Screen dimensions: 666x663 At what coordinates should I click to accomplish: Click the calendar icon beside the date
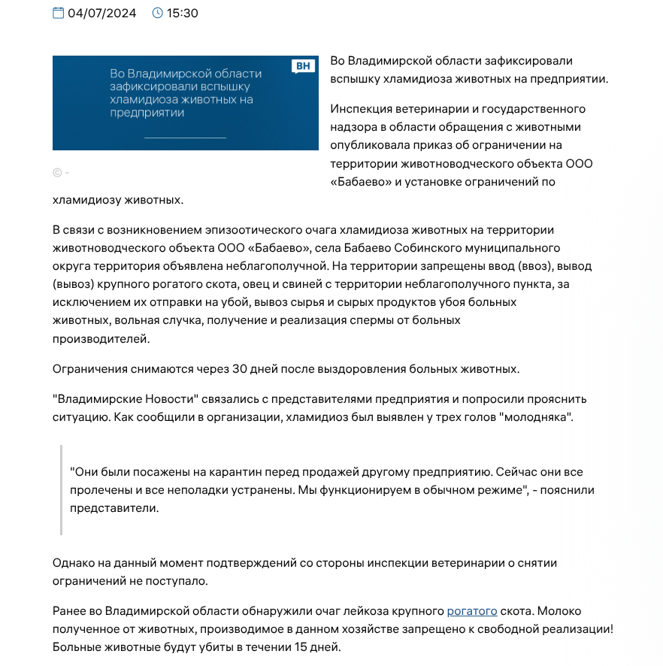click(59, 13)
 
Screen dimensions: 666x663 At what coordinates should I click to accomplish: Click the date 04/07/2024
click(102, 13)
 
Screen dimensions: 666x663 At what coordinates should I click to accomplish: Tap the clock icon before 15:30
click(157, 13)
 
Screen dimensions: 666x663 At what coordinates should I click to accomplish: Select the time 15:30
click(183, 13)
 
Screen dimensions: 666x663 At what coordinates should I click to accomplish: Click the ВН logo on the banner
click(302, 66)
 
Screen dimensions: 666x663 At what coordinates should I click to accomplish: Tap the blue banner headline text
click(185, 93)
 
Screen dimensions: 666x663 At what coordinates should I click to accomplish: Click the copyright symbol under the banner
click(57, 172)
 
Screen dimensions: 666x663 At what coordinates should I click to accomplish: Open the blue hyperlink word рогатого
click(472, 611)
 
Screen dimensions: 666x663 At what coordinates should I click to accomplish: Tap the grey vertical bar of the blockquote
click(61, 489)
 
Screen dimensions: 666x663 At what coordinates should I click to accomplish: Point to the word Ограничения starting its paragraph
click(89, 369)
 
